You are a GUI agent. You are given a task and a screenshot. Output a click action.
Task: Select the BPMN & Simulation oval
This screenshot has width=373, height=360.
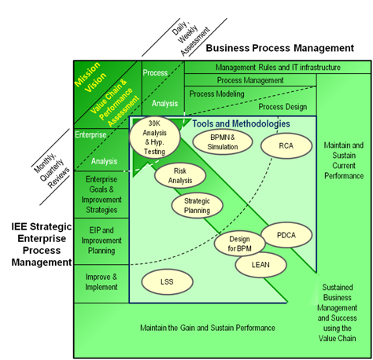point(222,141)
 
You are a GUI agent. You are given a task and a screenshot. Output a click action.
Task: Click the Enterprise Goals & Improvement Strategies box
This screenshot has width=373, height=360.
point(101,196)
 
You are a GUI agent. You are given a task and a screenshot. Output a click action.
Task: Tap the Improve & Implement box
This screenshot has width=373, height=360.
point(101,282)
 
